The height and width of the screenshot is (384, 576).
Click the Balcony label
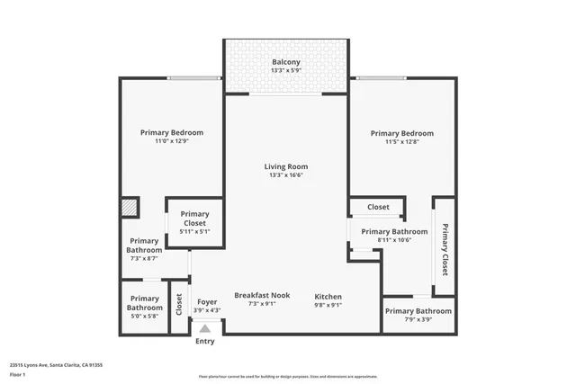(286, 62)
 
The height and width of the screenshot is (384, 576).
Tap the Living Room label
(286, 166)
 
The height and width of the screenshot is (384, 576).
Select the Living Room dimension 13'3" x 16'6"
(286, 175)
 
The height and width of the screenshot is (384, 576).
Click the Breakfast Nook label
(261, 296)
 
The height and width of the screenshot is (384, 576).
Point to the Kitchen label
(328, 296)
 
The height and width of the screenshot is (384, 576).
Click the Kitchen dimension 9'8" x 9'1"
(328, 305)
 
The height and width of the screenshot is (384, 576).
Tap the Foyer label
(207, 301)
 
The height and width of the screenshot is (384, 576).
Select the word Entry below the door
(205, 341)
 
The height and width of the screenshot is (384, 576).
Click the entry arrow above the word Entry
(205, 330)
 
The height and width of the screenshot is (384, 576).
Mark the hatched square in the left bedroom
(130, 208)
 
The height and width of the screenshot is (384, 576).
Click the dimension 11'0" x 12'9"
(171, 141)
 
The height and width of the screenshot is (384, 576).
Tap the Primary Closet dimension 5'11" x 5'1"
(194, 232)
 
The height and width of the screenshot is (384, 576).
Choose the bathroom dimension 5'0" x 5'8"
(144, 316)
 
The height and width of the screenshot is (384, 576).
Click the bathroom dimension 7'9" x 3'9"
(418, 320)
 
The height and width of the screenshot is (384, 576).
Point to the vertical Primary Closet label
(445, 247)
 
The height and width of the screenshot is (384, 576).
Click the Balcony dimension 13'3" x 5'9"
(286, 71)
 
